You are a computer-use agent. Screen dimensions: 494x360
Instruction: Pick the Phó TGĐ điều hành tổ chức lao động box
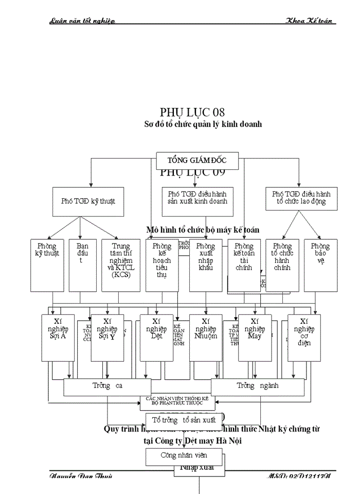coord(301,198)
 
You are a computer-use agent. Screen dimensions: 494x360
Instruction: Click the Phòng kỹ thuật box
coord(47,265)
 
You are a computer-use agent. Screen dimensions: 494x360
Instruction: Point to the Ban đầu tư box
coord(83,265)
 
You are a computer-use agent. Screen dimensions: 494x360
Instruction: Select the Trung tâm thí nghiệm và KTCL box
coord(121,265)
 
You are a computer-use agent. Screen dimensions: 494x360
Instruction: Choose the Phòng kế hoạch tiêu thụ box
coord(161,265)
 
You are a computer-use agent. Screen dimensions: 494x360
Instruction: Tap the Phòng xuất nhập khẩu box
coord(206,265)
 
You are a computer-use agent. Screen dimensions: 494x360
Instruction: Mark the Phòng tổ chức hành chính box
coord(282,265)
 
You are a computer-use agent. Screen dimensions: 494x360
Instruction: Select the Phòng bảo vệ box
coord(320,265)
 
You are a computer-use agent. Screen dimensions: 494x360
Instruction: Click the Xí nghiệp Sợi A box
coord(58,337)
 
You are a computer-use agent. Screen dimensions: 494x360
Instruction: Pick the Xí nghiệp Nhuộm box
coord(206,337)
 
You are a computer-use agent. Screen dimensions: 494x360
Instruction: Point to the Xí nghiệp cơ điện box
coord(304,337)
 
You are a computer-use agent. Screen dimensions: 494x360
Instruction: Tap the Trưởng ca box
coord(107,386)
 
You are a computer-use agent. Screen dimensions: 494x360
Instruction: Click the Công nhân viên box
coord(184,455)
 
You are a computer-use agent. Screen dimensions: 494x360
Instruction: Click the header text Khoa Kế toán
coord(311,21)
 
